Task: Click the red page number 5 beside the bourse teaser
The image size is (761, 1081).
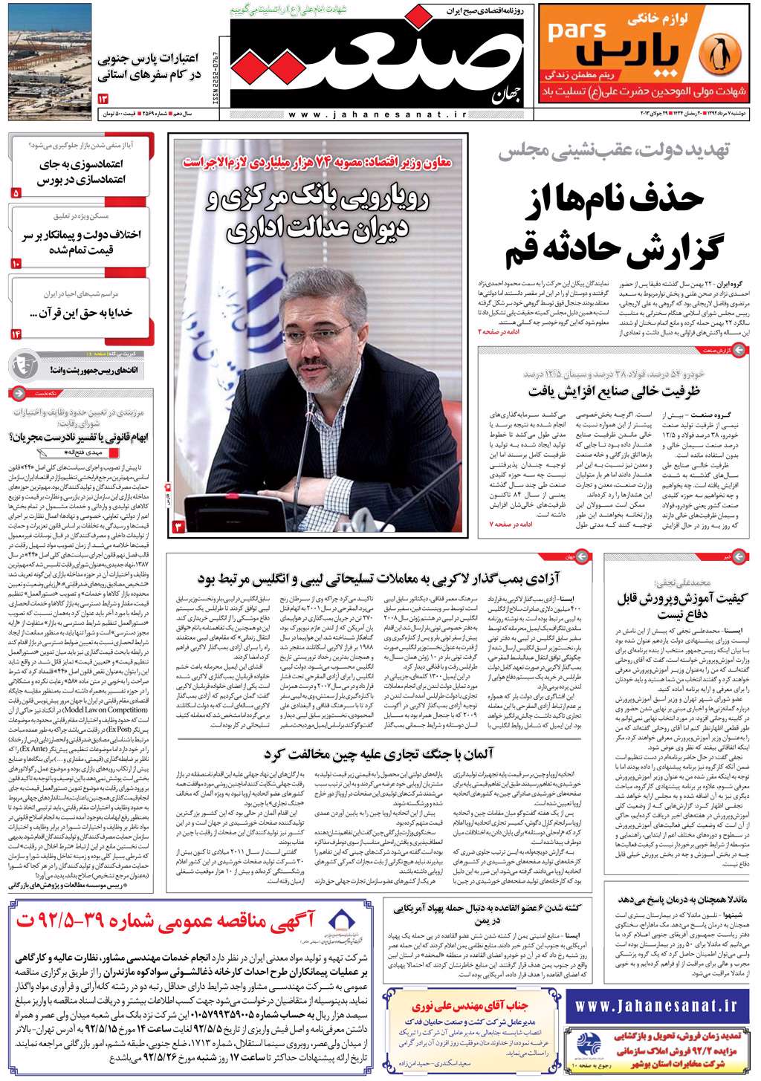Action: tap(16, 192)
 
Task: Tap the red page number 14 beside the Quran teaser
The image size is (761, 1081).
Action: tap(16, 334)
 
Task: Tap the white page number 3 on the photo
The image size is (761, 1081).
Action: tap(178, 527)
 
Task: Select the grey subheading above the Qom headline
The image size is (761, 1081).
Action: tap(614, 151)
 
